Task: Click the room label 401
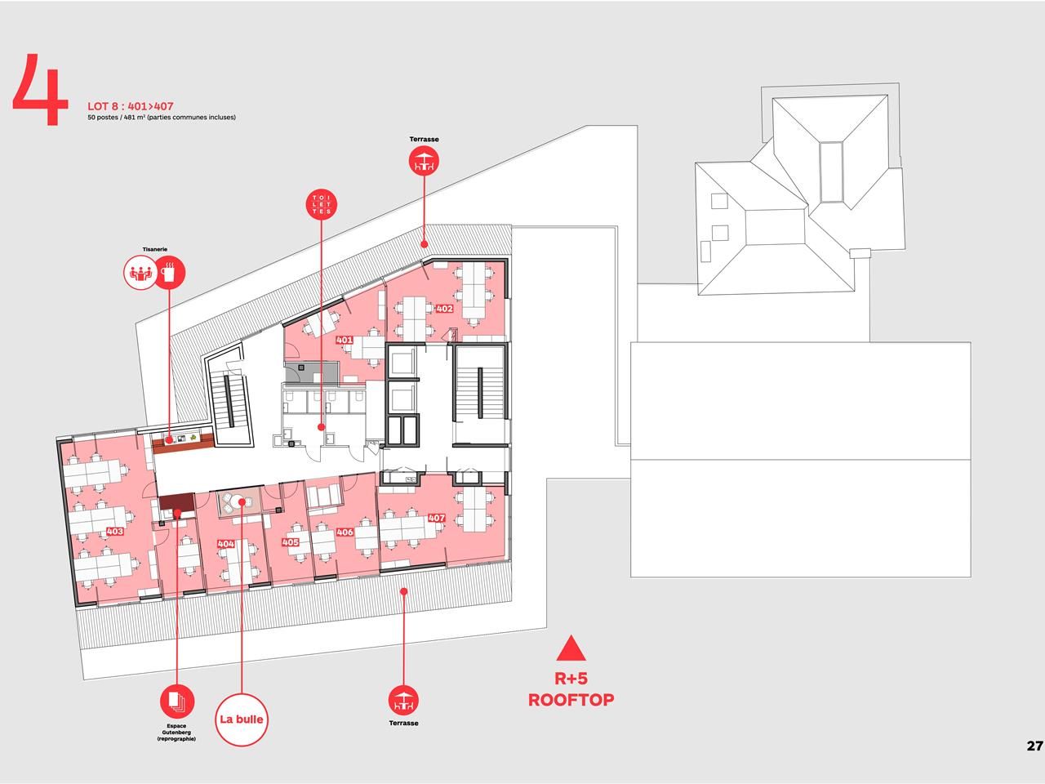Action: [x=345, y=340]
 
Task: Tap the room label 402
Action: [x=444, y=309]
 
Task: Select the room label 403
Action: [x=115, y=531]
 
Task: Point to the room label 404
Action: [x=225, y=544]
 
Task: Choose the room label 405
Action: [x=291, y=542]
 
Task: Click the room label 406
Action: [x=345, y=532]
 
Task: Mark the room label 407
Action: [x=437, y=518]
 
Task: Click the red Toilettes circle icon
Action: [x=322, y=205]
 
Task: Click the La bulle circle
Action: [x=242, y=719]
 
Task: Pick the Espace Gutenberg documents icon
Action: [x=176, y=702]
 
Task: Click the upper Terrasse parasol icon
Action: [x=424, y=161]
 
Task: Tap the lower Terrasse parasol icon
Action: [x=404, y=701]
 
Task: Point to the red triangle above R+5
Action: [x=571, y=648]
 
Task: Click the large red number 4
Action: [x=41, y=90]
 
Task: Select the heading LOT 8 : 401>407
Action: [x=131, y=106]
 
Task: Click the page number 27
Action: [x=1035, y=746]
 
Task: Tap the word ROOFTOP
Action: [x=571, y=700]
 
